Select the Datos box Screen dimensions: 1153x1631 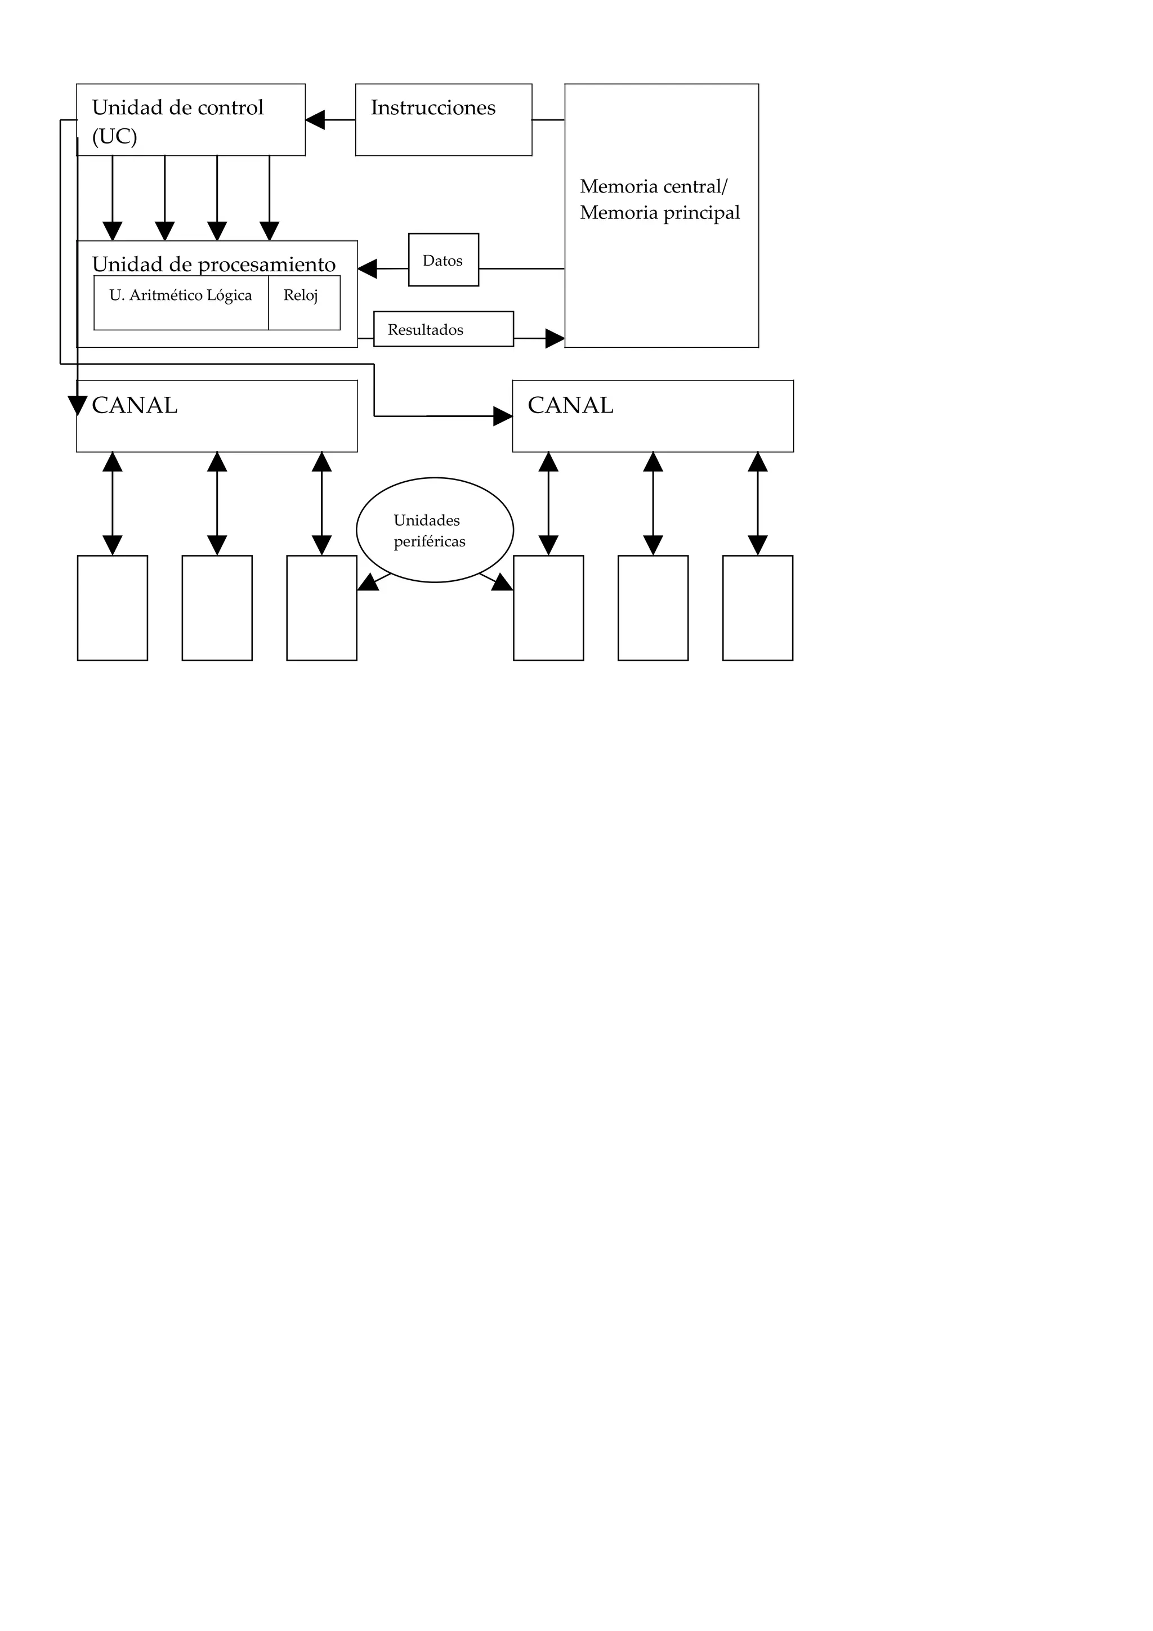point(443,260)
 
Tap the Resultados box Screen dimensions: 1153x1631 point(443,330)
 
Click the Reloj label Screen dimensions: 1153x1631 point(301,295)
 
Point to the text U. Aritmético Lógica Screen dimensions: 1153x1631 point(181,295)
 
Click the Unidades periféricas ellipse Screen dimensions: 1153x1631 point(434,530)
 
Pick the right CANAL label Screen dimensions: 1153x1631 point(570,406)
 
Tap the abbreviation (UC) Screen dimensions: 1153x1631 point(114,136)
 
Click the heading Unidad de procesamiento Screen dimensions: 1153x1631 point(213,265)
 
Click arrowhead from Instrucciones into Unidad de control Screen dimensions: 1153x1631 point(315,120)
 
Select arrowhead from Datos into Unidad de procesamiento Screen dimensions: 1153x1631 point(367,268)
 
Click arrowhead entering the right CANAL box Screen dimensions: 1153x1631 point(503,416)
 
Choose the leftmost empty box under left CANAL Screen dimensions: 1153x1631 point(112,608)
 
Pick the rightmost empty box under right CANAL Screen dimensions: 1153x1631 point(757,608)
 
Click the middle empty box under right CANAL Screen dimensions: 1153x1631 point(653,608)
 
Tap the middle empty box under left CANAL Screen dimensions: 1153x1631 point(217,608)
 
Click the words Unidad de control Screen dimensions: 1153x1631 point(177,108)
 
